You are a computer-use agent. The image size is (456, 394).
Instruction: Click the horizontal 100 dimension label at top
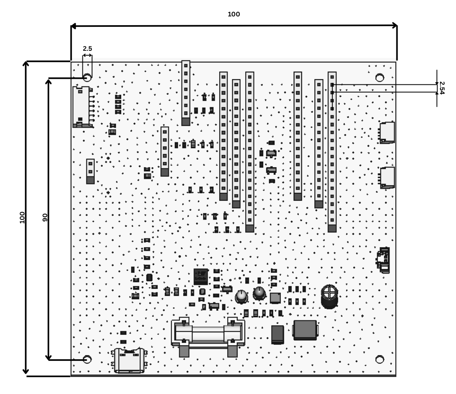pos(234,14)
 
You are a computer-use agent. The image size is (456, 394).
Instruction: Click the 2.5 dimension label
pos(87,48)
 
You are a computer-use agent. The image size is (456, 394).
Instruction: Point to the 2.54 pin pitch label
pos(442,88)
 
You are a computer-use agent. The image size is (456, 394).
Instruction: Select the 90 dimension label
pos(45,217)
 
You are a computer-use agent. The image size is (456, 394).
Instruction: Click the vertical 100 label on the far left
pos(22,217)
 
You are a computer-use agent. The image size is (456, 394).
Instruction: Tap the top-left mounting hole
pos(87,78)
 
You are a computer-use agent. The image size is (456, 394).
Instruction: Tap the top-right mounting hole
pos(380,78)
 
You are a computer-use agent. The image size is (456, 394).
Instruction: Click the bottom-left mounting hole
pos(87,359)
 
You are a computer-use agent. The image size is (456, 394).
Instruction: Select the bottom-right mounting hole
pos(380,359)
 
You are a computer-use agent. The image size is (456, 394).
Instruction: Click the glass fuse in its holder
pos(208,333)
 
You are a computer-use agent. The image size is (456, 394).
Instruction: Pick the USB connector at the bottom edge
pos(129,360)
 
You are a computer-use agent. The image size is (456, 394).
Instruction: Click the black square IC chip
pos(201,276)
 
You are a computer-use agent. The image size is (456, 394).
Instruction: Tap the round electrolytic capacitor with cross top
pos(329,296)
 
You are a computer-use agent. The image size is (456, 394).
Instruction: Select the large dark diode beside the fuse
pos(305,330)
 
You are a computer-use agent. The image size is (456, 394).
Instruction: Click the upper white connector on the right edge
pos(387,132)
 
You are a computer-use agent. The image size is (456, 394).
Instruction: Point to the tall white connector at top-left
pos(82,107)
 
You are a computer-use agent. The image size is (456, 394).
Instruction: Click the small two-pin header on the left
pos(90,171)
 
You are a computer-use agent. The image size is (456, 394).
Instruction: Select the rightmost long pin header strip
pos(332,152)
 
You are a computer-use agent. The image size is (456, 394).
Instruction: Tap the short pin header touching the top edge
pos(186,93)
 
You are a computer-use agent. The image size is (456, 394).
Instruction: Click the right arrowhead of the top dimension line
pos(395,25)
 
